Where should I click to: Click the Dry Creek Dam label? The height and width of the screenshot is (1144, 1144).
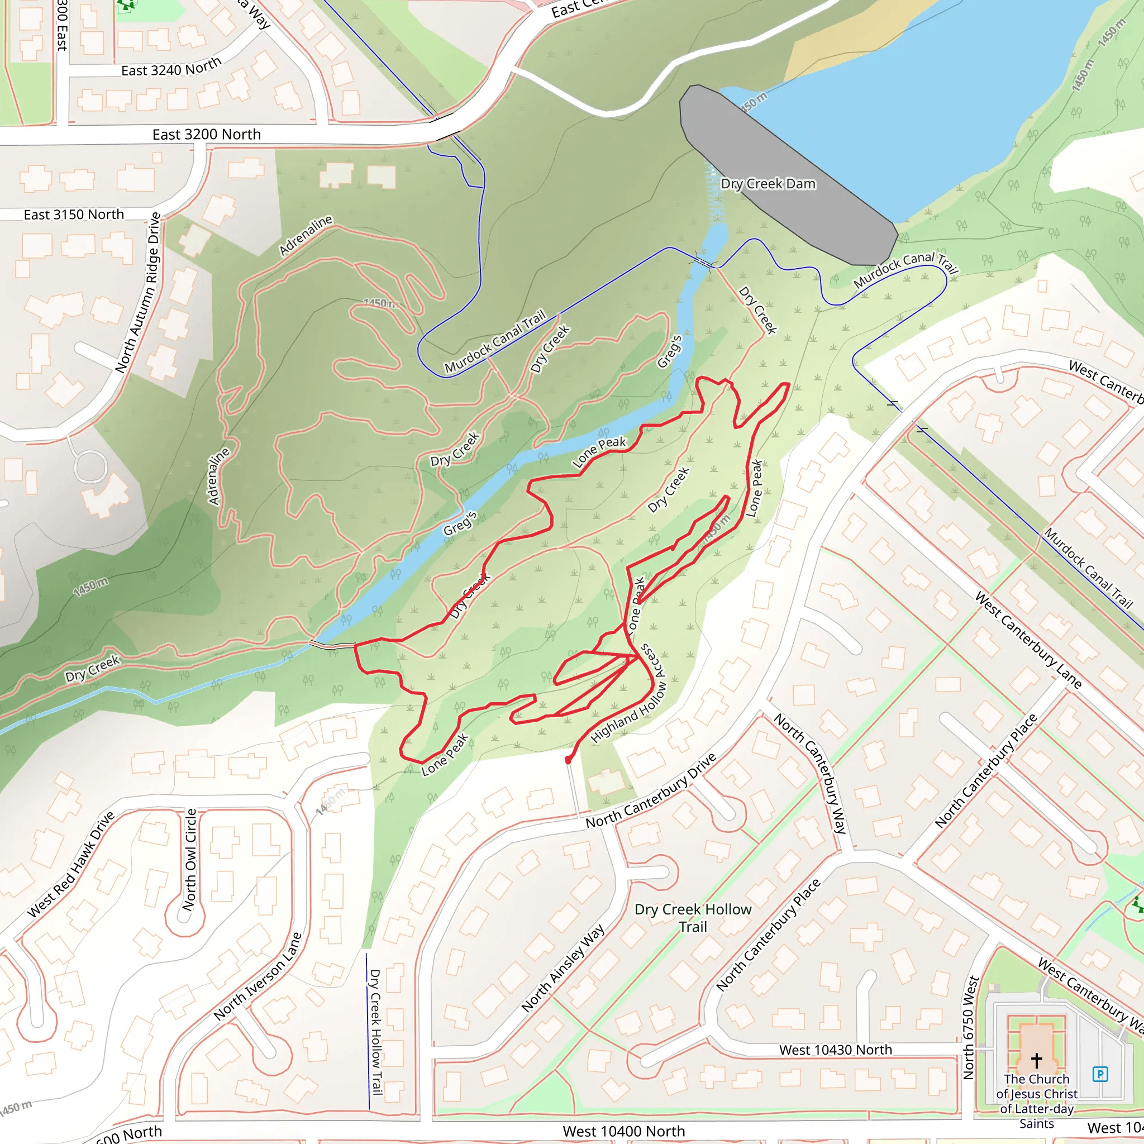(x=768, y=184)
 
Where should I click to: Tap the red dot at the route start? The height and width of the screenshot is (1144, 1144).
(x=569, y=760)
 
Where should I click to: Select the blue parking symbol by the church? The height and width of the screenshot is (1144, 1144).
(x=1100, y=1074)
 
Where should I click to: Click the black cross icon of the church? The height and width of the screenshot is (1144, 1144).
(x=1036, y=1059)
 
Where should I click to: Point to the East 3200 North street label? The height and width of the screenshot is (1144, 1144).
(x=207, y=135)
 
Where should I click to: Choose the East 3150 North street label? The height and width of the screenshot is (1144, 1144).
(x=74, y=215)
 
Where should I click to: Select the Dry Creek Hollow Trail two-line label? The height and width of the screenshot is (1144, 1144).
(x=693, y=918)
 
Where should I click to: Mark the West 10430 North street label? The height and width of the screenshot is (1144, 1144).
(x=835, y=1050)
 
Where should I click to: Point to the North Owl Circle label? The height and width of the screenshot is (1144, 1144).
(x=189, y=860)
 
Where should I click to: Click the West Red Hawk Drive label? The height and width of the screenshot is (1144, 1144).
(x=71, y=865)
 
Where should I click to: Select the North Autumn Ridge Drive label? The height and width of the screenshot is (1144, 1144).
(x=138, y=293)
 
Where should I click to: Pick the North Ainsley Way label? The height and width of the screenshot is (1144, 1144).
(x=563, y=969)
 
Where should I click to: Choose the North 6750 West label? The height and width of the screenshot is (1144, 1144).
(x=969, y=1027)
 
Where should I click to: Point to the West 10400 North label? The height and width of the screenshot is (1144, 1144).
(x=623, y=1132)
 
